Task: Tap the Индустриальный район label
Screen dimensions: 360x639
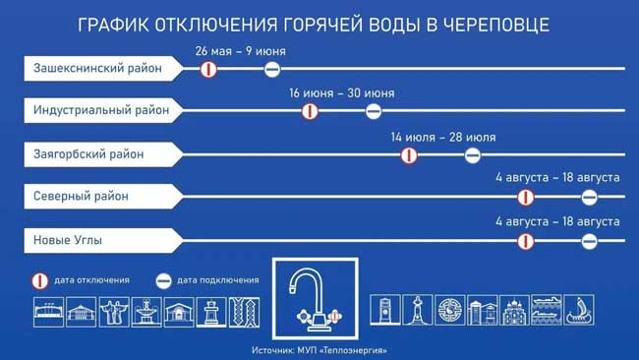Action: pyautogui.click(x=100, y=110)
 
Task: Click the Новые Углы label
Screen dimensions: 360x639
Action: pyautogui.click(x=69, y=239)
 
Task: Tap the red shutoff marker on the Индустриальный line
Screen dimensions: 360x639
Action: pyautogui.click(x=310, y=111)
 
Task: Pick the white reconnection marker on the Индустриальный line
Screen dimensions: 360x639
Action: pyautogui.click(x=374, y=111)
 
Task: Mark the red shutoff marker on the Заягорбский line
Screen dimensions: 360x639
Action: pyautogui.click(x=409, y=154)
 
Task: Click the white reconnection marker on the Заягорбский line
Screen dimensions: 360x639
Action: pyautogui.click(x=473, y=154)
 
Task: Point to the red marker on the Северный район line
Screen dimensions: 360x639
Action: pyautogui.click(x=526, y=197)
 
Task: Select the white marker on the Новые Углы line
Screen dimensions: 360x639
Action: pyautogui.click(x=590, y=240)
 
